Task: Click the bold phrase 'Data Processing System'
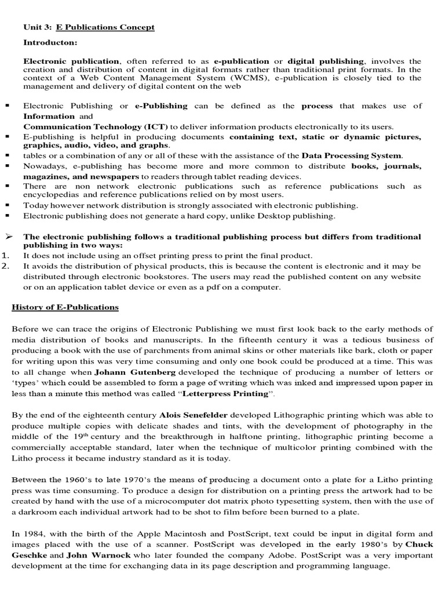coord(351,155)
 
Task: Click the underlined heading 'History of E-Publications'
coord(65,307)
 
